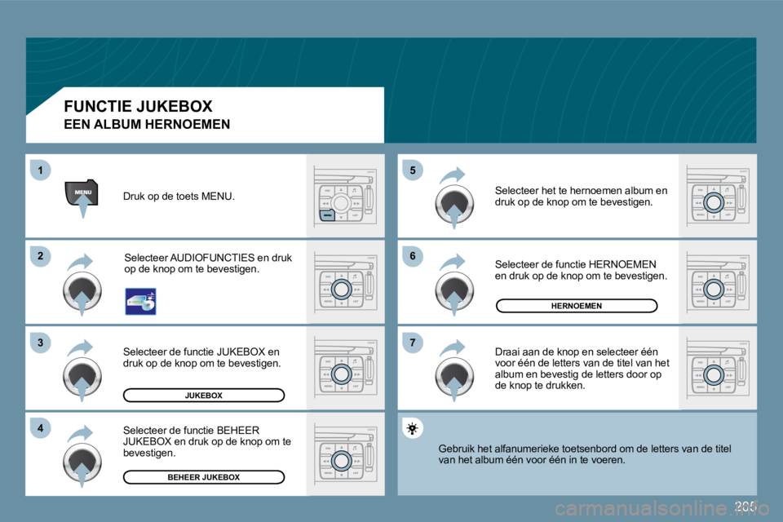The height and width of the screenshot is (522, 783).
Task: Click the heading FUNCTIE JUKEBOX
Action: (138, 106)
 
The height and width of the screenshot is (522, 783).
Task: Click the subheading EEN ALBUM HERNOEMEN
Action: (147, 125)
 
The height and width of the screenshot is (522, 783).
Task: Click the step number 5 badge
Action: (414, 170)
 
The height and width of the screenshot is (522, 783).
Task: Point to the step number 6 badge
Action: (414, 257)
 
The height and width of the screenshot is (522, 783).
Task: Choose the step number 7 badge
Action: (414, 343)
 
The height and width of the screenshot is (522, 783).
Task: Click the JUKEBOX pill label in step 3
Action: (203, 396)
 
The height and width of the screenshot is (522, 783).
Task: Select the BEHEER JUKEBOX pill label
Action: (203, 477)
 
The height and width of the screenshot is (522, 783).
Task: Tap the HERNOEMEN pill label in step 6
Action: (576, 306)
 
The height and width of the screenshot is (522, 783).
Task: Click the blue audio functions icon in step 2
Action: (140, 301)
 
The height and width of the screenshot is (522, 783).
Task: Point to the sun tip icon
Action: (414, 428)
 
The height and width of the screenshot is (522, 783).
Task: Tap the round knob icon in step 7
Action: (454, 377)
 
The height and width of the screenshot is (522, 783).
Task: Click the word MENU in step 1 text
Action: (216, 197)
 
